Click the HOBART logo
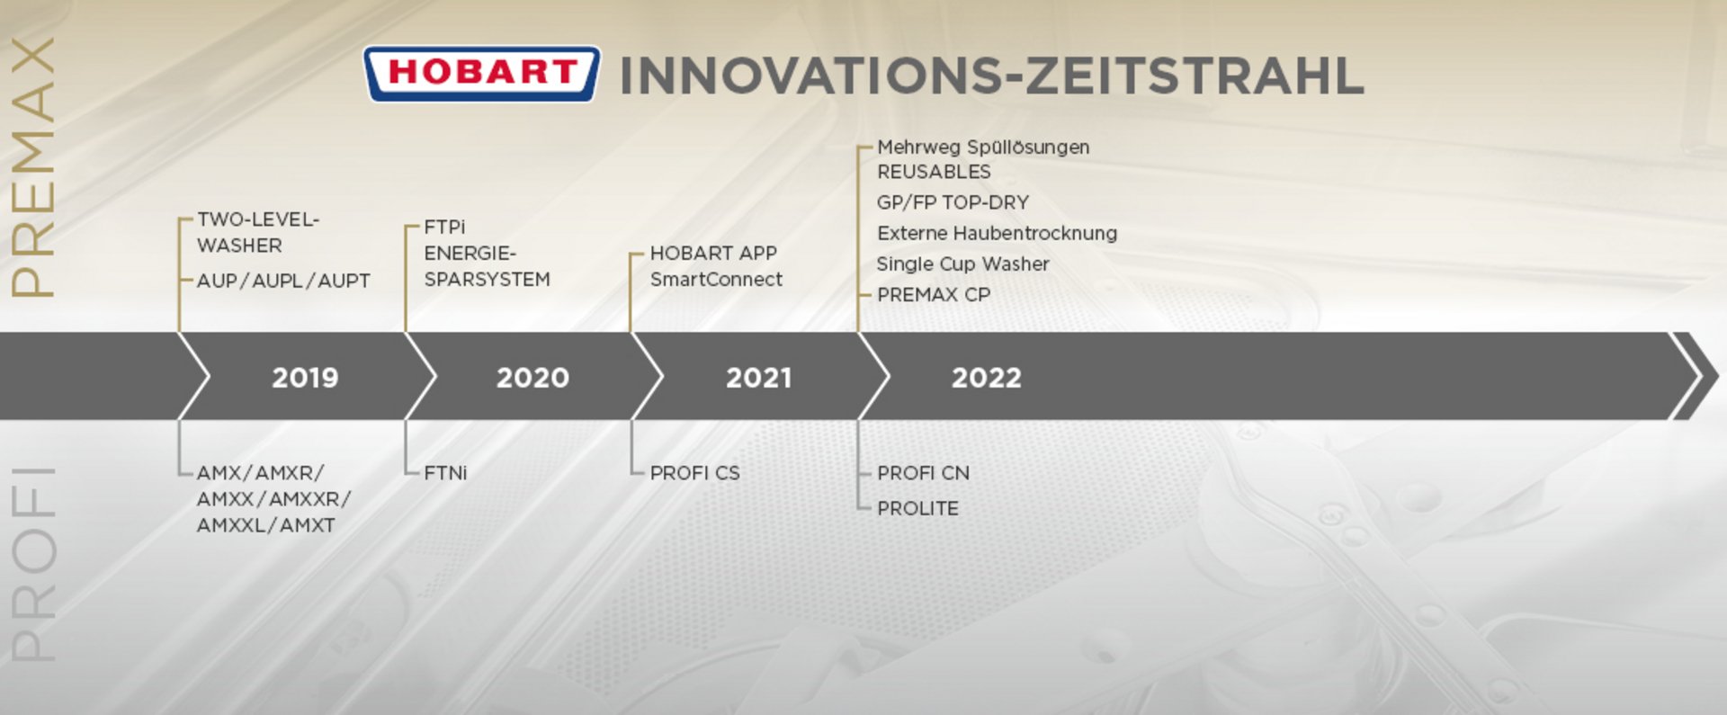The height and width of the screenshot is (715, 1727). [x=481, y=73]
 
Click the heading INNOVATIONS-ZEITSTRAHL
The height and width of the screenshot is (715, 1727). [x=992, y=75]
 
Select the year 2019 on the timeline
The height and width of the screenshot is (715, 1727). [x=305, y=377]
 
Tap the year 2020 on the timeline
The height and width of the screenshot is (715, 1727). [x=532, y=377]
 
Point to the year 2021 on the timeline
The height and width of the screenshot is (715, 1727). [x=759, y=377]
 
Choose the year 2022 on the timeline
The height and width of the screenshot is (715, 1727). [x=987, y=377]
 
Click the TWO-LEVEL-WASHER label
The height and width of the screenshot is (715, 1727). [x=258, y=232]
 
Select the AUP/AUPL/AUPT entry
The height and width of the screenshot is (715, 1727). [x=283, y=281]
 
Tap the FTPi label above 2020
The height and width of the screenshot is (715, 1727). [x=444, y=227]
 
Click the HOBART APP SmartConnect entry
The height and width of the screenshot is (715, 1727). [x=716, y=266]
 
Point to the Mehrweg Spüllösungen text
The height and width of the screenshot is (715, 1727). [x=983, y=147]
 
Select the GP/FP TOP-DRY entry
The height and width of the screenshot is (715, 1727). [x=953, y=202]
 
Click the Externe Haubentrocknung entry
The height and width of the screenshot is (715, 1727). [x=997, y=233]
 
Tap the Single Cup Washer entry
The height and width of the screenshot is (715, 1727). [x=962, y=264]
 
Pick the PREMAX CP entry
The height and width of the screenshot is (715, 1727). [x=934, y=294]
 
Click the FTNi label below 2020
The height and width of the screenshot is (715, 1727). [x=445, y=472]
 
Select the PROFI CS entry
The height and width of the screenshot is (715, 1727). [x=694, y=472]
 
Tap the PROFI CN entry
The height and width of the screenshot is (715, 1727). [x=923, y=472]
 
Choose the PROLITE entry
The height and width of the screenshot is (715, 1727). [x=917, y=508]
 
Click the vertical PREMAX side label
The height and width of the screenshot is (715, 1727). [x=33, y=167]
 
